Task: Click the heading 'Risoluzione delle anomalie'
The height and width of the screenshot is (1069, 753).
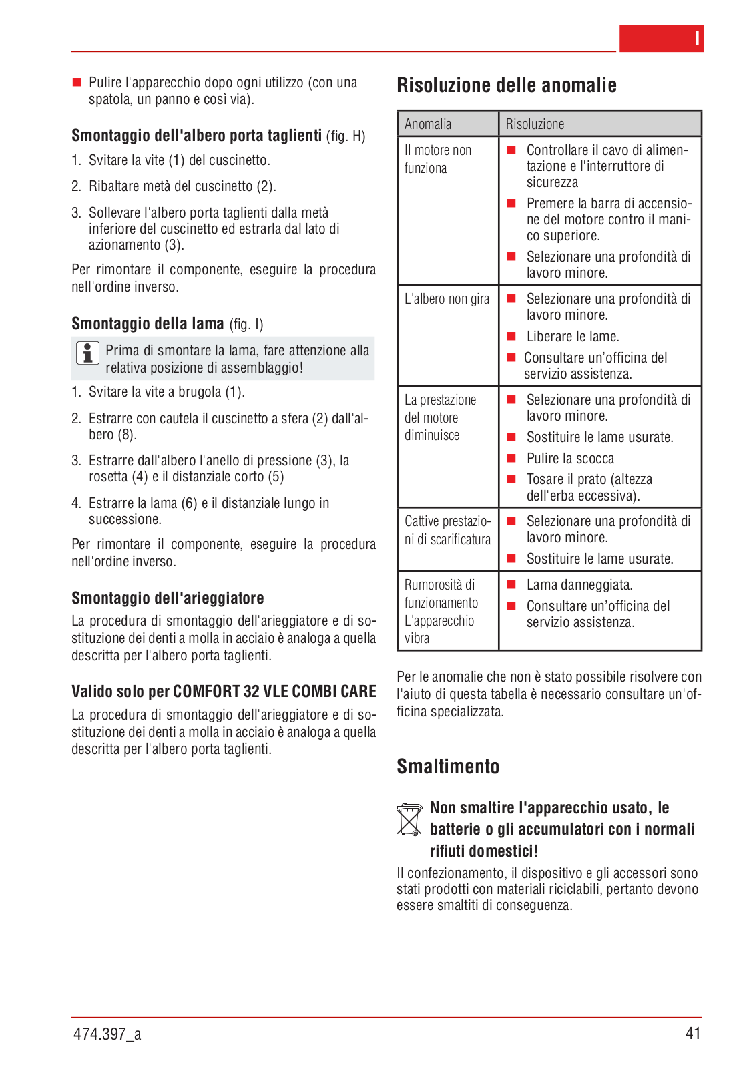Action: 506,85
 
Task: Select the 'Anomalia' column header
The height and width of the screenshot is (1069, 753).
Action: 428,124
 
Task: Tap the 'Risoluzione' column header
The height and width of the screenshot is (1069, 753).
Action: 535,124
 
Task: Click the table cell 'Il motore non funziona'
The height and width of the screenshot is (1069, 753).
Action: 438,159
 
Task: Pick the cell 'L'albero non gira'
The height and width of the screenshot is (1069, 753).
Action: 447,299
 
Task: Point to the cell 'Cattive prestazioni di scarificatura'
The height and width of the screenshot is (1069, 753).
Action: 447,530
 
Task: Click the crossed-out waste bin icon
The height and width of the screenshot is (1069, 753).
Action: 409,819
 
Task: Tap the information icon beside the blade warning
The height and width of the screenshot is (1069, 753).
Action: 87,353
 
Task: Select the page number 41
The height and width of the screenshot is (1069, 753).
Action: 693,1034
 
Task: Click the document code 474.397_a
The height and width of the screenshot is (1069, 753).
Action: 107,1034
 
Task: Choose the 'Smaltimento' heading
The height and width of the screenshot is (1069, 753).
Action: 448,767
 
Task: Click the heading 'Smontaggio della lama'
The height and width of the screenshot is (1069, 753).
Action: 148,324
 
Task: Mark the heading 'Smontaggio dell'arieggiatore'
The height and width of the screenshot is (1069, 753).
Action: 168,598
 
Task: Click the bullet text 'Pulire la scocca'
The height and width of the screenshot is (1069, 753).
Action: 570,459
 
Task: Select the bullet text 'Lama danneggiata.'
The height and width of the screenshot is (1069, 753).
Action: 579,585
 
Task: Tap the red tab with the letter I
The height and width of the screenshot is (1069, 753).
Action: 661,39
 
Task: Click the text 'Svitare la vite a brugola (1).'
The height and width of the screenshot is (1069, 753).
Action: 167,392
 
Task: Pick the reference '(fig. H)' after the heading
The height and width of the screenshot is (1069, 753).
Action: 346,136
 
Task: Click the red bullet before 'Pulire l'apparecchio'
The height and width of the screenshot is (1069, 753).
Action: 76,83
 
